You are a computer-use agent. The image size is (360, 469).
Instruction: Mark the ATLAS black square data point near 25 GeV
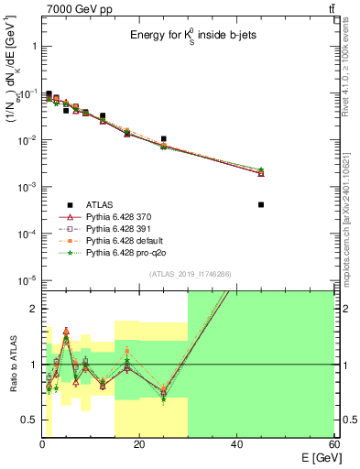[163, 139]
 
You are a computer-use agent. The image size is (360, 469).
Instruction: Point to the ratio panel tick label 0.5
[27, 420]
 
